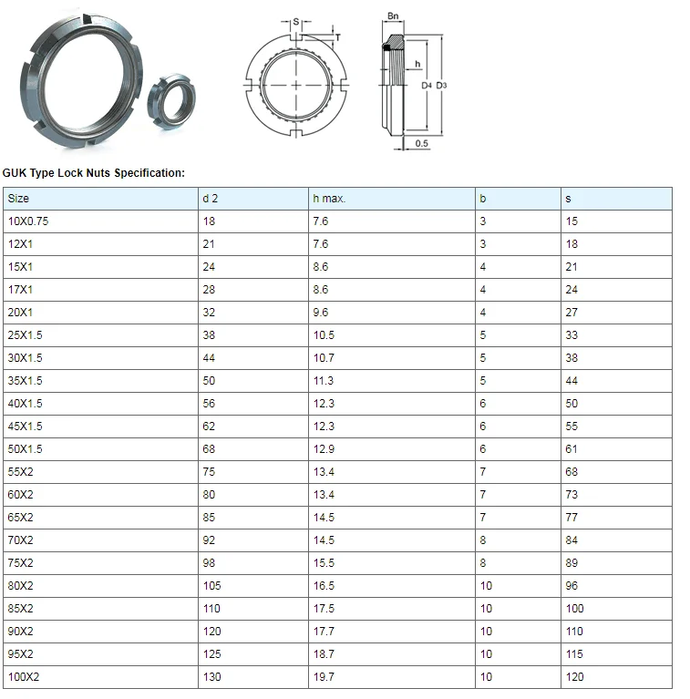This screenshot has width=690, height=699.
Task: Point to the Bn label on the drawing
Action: (393, 16)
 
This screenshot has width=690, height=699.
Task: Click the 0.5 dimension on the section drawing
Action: (422, 144)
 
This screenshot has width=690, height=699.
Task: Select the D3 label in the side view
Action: (441, 86)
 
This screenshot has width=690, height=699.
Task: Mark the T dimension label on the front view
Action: (339, 37)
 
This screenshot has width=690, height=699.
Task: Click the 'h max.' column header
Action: (329, 199)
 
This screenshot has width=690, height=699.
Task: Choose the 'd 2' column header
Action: (210, 199)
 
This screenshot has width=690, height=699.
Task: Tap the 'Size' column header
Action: (18, 199)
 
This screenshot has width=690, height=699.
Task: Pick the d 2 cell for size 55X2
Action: (209, 472)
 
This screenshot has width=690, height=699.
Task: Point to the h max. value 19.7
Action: (323, 677)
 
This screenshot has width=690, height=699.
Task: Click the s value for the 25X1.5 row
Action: (572, 335)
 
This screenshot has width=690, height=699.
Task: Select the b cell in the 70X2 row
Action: (483, 540)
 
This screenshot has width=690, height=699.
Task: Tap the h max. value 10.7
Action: (323, 358)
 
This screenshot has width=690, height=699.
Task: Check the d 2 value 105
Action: (211, 586)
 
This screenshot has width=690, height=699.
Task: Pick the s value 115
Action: (574, 654)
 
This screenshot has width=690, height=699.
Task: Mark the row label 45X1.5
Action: (25, 427)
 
